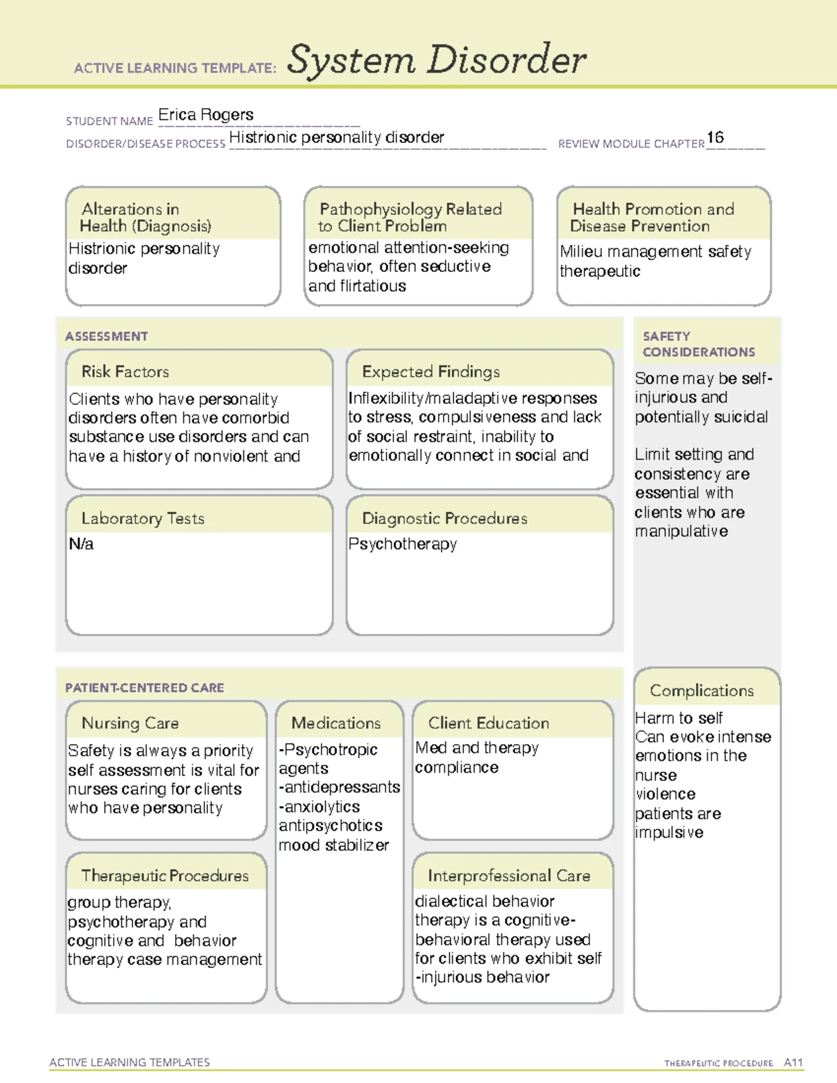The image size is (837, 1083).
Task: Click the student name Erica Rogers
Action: coord(206,115)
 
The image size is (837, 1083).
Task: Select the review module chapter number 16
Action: coord(715,137)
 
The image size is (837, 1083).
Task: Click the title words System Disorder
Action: coord(437,60)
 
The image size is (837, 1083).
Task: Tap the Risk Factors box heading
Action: coord(126,372)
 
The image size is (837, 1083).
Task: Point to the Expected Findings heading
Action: coord(430,372)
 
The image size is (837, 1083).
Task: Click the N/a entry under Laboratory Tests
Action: coord(81,544)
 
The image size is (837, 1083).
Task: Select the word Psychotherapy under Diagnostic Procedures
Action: coord(402,544)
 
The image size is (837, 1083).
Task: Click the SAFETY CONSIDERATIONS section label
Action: coord(698,344)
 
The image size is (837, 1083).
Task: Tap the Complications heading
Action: coord(702,690)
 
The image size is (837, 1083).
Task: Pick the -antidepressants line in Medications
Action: coord(339,787)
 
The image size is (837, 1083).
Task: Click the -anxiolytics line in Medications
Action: coord(319,807)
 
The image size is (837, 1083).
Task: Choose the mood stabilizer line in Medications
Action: coord(333,845)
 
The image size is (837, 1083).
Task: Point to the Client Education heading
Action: coord(488,723)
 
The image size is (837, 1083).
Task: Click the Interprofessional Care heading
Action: coord(508,876)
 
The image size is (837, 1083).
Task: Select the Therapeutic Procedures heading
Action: coord(165,876)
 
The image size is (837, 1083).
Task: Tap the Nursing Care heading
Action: coord(130,723)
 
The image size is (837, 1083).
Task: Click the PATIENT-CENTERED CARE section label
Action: coord(144,688)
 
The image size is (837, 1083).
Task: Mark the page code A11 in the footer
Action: coord(793,1063)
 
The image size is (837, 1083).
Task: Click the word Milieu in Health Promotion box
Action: coord(582,252)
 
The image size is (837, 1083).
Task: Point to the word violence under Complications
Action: coord(665,794)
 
